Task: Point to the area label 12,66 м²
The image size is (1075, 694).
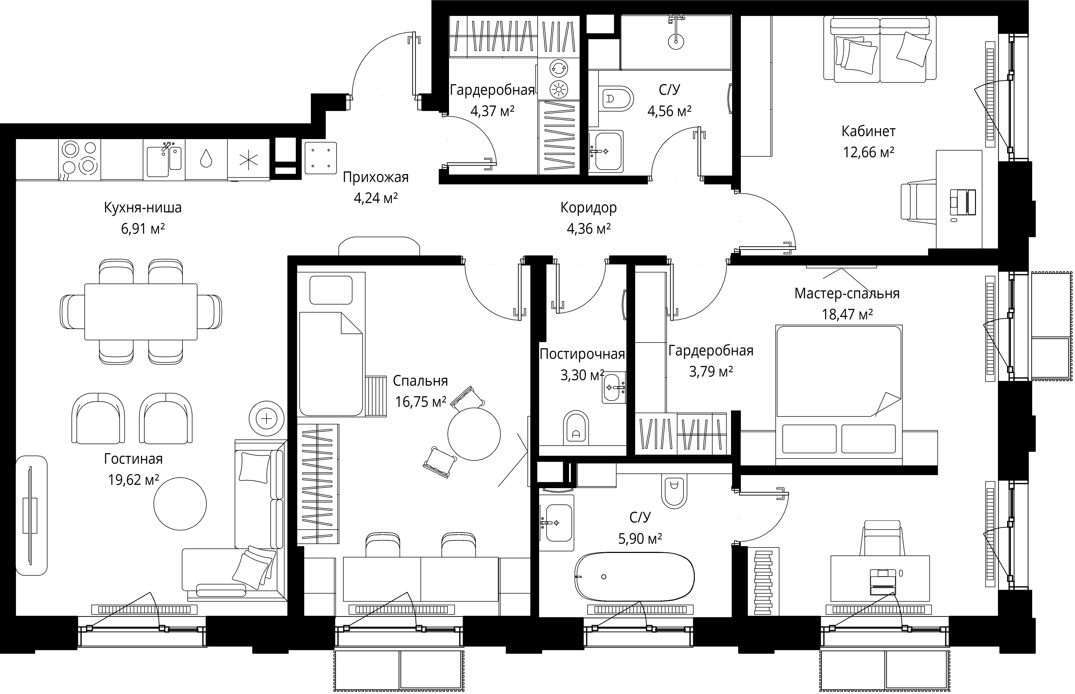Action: pyautogui.click(x=868, y=152)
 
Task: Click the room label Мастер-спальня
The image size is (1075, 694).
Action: pyautogui.click(x=847, y=293)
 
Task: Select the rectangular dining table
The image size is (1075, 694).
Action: pyautogui.click(x=141, y=311)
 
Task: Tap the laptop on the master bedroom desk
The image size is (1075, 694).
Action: pyautogui.click(x=882, y=581)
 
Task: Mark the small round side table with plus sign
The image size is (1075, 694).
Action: pyautogui.click(x=267, y=419)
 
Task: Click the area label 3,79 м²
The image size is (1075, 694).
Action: pyautogui.click(x=711, y=371)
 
